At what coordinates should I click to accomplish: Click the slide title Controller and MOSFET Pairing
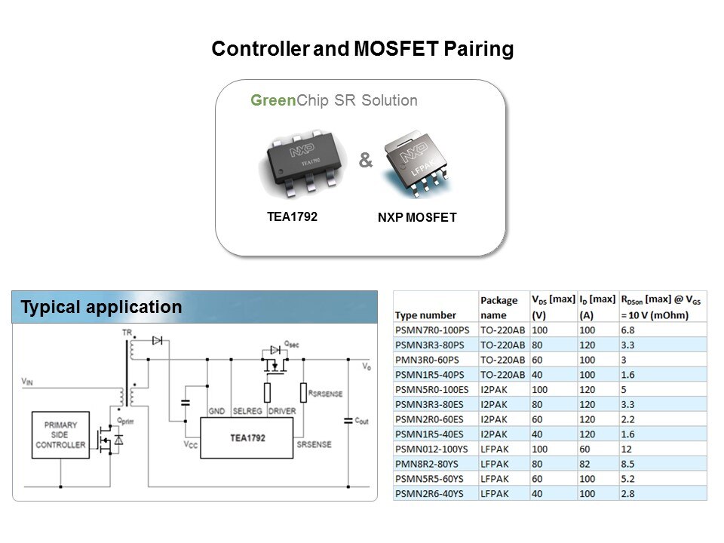tap(362, 50)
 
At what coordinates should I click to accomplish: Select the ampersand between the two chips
tap(365, 161)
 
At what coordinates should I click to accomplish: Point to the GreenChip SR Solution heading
tap(334, 100)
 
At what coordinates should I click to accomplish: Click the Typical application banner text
tap(101, 308)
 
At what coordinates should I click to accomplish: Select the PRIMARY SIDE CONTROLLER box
tap(60, 434)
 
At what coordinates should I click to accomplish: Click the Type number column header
tap(425, 315)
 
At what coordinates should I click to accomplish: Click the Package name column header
tap(499, 308)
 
